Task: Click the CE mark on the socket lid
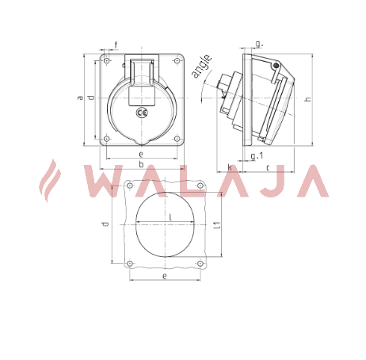(142, 113)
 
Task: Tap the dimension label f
(116, 45)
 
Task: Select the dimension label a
(80, 98)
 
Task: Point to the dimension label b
(141, 164)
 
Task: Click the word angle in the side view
(202, 67)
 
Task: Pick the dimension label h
(308, 99)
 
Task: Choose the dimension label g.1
(257, 156)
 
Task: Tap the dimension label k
(230, 167)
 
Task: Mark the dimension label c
(268, 168)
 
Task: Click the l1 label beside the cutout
(217, 225)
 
